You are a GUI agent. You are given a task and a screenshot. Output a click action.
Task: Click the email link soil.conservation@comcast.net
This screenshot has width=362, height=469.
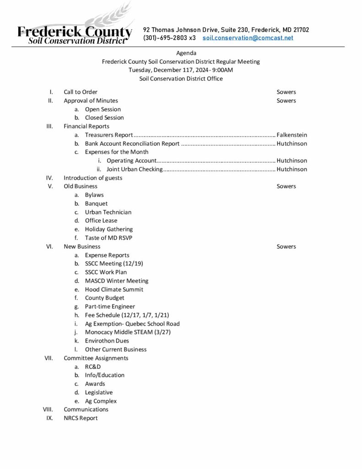(248, 38)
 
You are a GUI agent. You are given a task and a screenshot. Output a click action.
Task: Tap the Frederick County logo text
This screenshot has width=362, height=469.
(75, 32)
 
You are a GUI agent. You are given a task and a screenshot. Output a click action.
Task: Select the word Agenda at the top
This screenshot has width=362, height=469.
(186, 53)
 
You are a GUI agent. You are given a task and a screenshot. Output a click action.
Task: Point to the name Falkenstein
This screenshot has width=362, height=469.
(292, 135)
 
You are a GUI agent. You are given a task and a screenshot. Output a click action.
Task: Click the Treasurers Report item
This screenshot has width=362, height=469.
(109, 135)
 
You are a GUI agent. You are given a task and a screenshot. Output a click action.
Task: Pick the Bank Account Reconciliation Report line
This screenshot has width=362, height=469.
(132, 144)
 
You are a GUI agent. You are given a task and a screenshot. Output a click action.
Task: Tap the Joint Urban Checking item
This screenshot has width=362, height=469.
(135, 169)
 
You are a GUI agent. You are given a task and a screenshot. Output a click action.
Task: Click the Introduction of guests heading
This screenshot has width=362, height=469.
(93, 178)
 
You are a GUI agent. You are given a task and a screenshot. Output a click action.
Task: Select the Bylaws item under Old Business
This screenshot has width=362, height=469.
(94, 195)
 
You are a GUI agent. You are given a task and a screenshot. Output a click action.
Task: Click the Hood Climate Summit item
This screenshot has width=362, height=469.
(114, 289)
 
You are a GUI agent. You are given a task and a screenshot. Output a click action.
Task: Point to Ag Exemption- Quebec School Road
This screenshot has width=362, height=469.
(132, 324)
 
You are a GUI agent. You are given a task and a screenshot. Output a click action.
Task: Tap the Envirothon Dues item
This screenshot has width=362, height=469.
(107, 341)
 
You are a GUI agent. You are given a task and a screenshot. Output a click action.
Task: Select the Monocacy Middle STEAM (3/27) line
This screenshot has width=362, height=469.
(128, 332)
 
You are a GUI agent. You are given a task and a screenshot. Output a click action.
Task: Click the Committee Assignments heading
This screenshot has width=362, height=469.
(96, 358)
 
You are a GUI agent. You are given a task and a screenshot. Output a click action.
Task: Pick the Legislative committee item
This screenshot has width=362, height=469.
(99, 393)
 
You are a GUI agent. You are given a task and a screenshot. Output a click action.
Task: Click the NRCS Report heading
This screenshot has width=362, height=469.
(81, 418)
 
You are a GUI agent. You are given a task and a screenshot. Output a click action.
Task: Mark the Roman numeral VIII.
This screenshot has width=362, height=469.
(48, 409)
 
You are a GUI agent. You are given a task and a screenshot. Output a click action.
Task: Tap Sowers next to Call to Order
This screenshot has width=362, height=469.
(286, 92)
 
